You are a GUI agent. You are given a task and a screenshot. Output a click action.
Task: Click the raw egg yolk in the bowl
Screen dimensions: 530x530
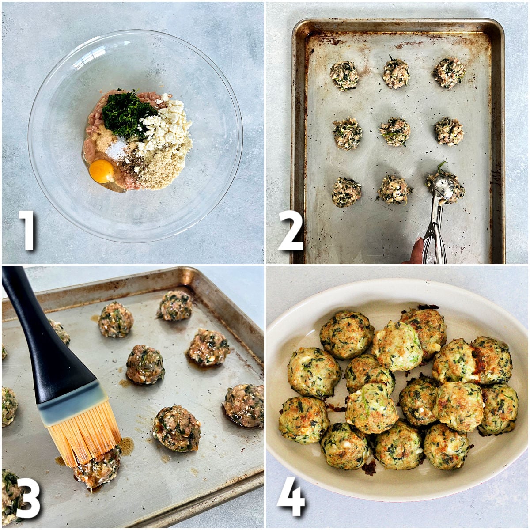tap(102, 171)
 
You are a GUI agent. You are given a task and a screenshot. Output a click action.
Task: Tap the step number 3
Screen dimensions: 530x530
tap(28, 497)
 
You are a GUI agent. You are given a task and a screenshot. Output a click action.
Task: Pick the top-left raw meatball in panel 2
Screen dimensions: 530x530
tap(344, 76)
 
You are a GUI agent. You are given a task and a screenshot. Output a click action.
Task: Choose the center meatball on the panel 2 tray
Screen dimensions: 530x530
tap(395, 132)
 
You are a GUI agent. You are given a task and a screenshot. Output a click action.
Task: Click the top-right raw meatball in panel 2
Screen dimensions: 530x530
tap(450, 72)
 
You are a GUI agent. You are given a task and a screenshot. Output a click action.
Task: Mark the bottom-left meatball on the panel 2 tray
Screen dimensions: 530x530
tap(346, 192)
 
